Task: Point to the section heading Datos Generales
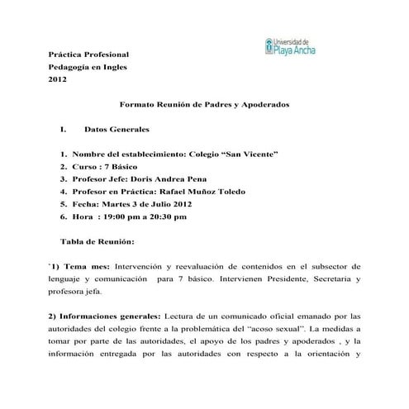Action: coord(117,131)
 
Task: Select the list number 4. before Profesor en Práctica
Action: coord(63,191)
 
